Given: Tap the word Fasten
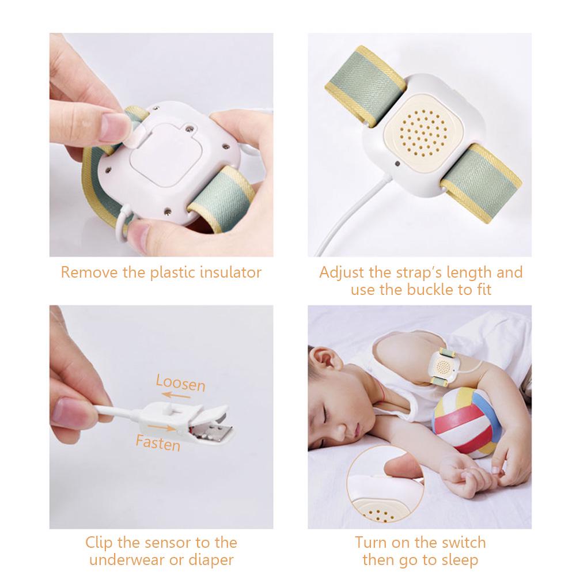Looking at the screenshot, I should pos(158,443).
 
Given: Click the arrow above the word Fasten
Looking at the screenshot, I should pos(161,429).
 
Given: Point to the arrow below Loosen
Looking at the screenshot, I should pos(175,396).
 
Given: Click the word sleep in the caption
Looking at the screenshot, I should pos(460,559).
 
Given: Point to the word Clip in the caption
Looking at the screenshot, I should pos(99,542).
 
